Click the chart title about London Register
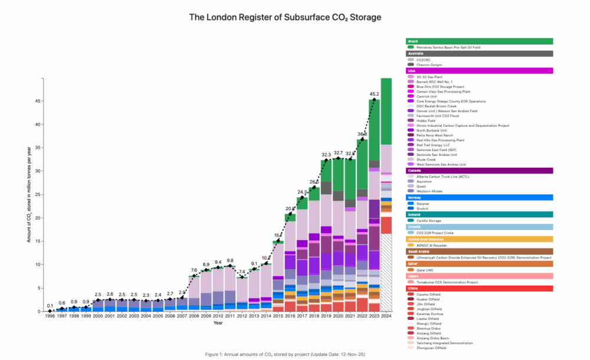coord(285,17)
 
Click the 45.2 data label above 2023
coord(374,94)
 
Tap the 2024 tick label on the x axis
coord(386,317)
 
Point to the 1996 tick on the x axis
coord(50,317)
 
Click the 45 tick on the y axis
coord(37,101)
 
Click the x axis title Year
coord(218,323)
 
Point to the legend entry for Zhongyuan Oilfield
coord(432,348)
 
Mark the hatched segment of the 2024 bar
coord(386,271)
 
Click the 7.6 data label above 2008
coord(194,270)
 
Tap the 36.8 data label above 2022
coord(362,133)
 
